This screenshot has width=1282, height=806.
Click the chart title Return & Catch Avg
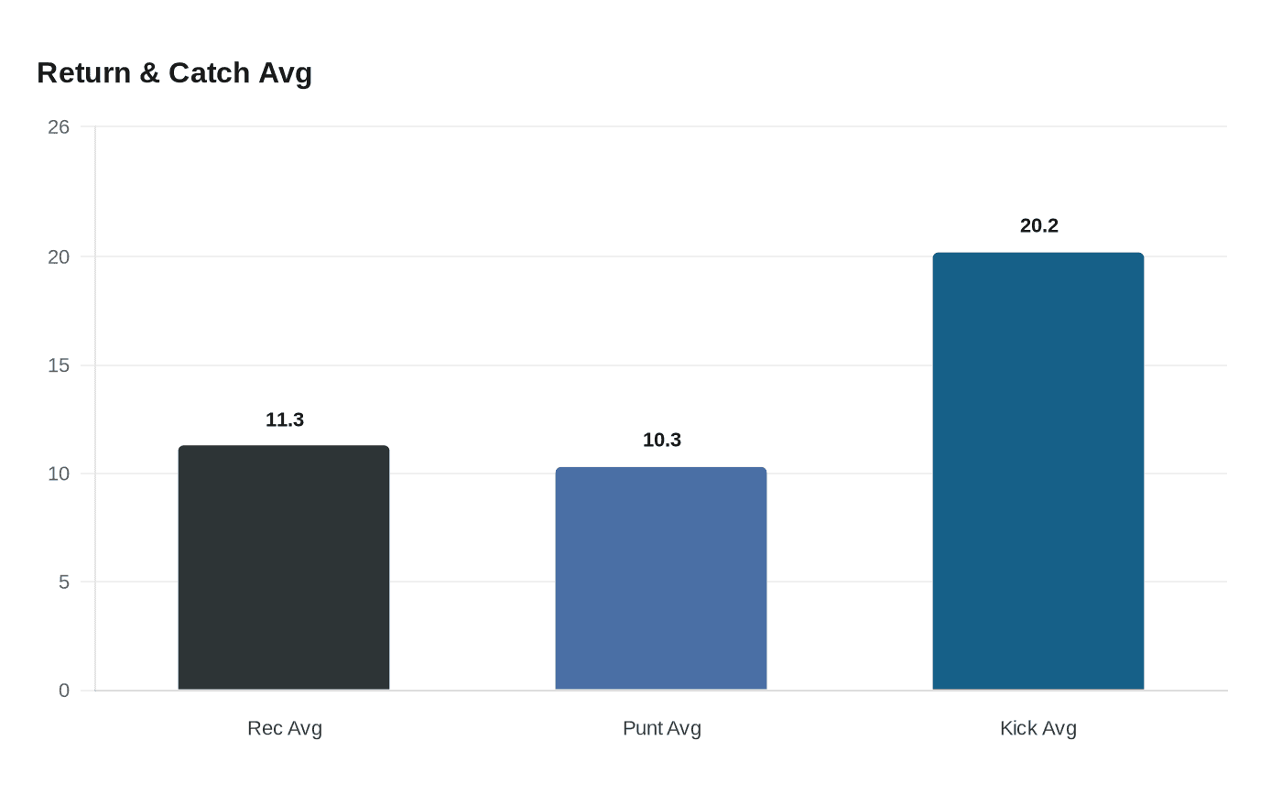(x=174, y=72)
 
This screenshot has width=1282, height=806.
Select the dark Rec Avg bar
(x=284, y=568)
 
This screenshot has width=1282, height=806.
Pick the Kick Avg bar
(x=1038, y=471)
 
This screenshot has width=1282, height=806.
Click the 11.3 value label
(x=285, y=419)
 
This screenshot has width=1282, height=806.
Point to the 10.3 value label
(x=662, y=440)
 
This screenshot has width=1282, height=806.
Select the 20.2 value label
(x=1039, y=225)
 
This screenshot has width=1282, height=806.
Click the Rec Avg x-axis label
(x=285, y=728)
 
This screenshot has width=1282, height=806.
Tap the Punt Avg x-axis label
(x=662, y=728)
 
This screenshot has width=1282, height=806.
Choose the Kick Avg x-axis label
(x=1038, y=728)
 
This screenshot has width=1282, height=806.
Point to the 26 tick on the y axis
(x=59, y=127)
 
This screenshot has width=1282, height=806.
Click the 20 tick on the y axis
(x=59, y=257)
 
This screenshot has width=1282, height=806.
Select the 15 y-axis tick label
(x=59, y=365)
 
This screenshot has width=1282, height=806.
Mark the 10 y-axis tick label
(x=59, y=474)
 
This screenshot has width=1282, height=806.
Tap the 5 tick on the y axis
(x=64, y=582)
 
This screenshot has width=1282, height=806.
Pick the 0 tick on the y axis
(x=64, y=691)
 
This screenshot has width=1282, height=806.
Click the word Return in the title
(x=84, y=72)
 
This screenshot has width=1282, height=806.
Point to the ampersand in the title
(x=150, y=72)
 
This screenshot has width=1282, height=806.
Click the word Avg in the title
(x=286, y=72)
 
